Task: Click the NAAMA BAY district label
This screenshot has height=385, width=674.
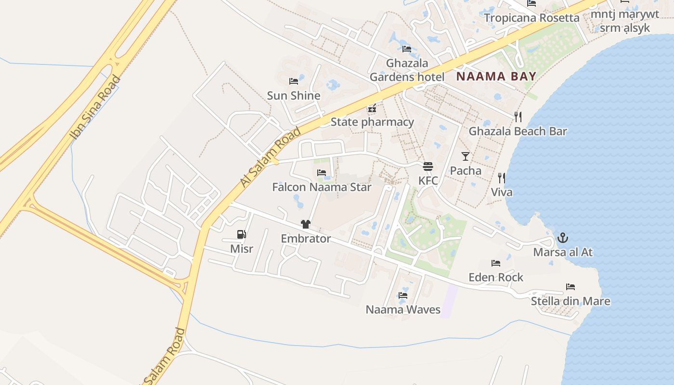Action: (x=496, y=76)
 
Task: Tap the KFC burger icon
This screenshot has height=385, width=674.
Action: (x=428, y=167)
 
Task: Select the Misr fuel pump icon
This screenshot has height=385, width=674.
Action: (x=241, y=234)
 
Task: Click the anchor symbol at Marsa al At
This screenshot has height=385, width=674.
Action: (x=562, y=238)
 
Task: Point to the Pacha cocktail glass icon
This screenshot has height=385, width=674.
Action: (x=465, y=156)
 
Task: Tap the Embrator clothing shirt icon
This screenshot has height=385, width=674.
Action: (x=305, y=224)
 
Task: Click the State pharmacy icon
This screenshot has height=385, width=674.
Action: (x=372, y=109)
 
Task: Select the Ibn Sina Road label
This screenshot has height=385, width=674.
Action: (x=95, y=107)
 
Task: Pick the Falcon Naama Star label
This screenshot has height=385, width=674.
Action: (x=322, y=187)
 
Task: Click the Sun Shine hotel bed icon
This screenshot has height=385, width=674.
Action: (x=293, y=81)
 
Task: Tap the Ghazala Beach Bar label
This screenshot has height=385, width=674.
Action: (x=518, y=131)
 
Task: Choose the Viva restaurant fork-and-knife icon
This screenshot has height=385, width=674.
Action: (x=501, y=178)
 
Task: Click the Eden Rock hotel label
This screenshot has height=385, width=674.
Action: (x=496, y=277)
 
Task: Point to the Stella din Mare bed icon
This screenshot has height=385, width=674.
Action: (x=570, y=287)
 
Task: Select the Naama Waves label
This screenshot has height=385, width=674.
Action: (x=403, y=309)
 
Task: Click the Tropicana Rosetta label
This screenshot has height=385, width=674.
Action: (x=531, y=18)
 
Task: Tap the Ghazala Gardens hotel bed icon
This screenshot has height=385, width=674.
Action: (x=406, y=49)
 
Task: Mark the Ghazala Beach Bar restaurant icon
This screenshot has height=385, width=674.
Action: (x=518, y=116)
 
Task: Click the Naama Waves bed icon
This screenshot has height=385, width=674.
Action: (x=403, y=295)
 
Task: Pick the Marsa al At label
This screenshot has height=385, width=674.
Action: (x=562, y=252)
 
